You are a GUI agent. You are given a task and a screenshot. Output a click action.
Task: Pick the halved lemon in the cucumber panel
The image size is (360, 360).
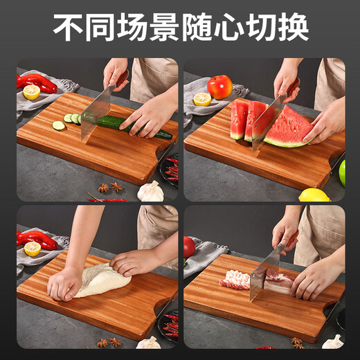click(x=31, y=92)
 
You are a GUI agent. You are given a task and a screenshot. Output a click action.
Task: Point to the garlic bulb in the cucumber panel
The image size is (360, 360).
click(x=150, y=192)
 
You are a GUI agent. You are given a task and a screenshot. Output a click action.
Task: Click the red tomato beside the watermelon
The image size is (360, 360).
click(x=219, y=87)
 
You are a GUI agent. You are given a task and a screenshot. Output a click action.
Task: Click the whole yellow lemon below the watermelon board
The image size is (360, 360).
click(x=314, y=195)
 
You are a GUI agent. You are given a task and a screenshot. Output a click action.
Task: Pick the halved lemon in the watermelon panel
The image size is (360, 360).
click(x=202, y=99)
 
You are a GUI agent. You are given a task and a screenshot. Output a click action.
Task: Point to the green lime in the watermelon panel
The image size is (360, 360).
click(x=341, y=172)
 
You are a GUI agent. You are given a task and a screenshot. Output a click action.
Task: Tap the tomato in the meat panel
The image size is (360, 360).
click(x=188, y=246)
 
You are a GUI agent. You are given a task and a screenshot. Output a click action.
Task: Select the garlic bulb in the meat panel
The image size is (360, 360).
click(x=333, y=341)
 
